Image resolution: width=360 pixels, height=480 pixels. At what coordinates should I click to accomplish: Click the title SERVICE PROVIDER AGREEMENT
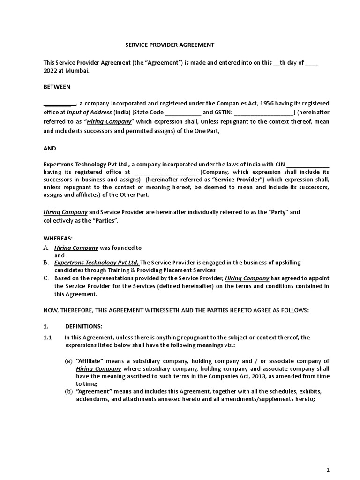pyautogui.click(x=169, y=45)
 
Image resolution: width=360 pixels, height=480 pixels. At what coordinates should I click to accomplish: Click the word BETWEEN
pyautogui.click(x=57, y=87)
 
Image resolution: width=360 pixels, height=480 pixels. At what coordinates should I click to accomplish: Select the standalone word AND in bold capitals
pyautogui.click(x=50, y=148)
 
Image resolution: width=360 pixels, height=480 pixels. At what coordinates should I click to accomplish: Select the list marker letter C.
pyautogui.click(x=46, y=278)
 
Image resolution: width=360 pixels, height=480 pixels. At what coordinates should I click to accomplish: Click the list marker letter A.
pyautogui.click(x=46, y=247)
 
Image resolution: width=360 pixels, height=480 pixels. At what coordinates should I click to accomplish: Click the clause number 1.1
pyautogui.click(x=48, y=337)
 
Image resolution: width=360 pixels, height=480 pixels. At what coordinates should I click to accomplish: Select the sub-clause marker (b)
pyautogui.click(x=69, y=391)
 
